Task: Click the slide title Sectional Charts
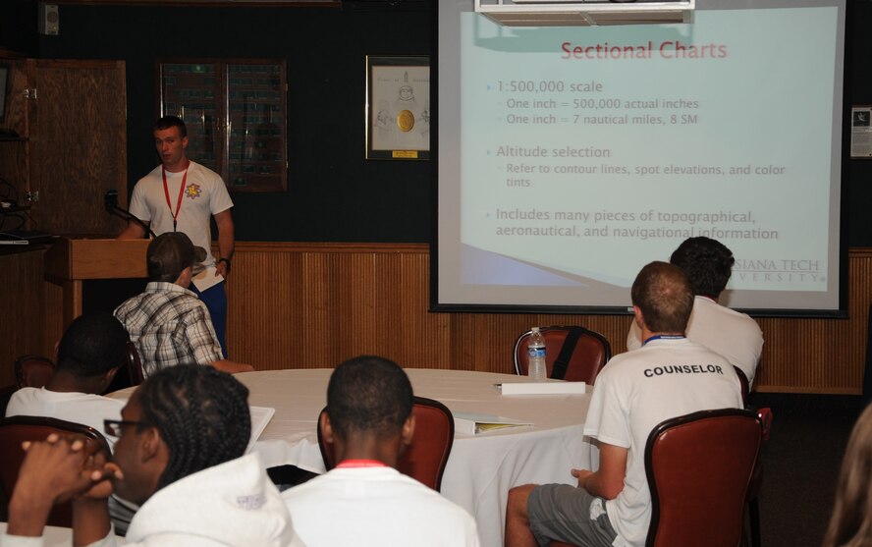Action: coord(643,50)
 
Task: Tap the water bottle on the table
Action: coord(536,355)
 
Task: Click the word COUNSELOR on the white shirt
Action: coord(682,370)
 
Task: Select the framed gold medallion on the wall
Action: coord(398,108)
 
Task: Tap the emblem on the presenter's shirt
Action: coord(192,191)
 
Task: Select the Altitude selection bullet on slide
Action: coord(552,152)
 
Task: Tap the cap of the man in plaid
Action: coord(174,252)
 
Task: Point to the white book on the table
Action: coord(541,388)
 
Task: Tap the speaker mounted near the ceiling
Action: coord(49,19)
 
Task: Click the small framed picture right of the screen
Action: coord(860,132)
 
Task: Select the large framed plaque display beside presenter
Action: coord(224,126)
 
